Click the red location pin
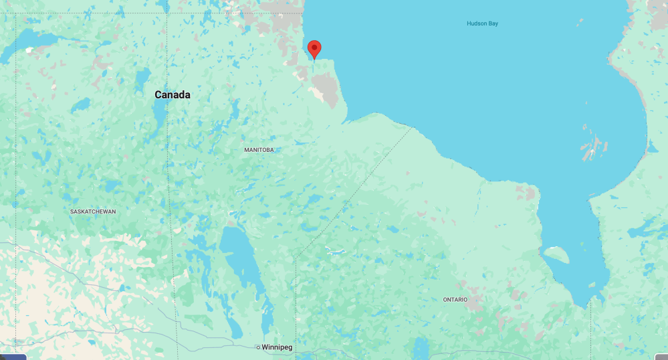(x=314, y=48)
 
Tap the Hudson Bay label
(x=482, y=23)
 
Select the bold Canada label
(x=173, y=95)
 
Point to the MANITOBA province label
(x=259, y=150)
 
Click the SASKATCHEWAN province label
(x=93, y=211)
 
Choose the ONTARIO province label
(x=455, y=299)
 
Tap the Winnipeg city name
(x=277, y=347)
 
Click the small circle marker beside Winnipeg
(x=257, y=347)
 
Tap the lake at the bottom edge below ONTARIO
(x=421, y=348)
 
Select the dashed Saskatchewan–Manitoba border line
(x=169, y=201)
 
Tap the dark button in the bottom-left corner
(x=13, y=357)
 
